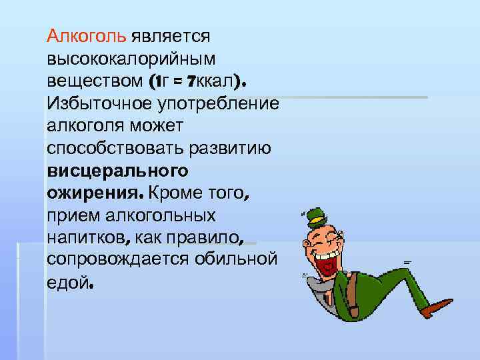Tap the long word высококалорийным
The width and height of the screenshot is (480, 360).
(x=128, y=59)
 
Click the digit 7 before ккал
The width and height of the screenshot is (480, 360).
(x=191, y=82)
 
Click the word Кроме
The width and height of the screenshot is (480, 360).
(x=175, y=194)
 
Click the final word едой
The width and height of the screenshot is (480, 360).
(x=71, y=283)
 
